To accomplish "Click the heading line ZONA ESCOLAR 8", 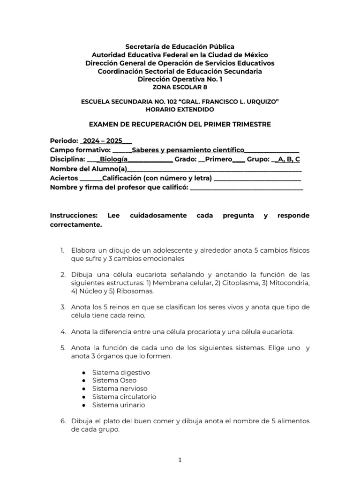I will tap(180, 87).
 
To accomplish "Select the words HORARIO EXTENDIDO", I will tap(180, 109).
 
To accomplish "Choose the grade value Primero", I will tap(218, 159).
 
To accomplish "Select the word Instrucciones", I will tap(73, 216).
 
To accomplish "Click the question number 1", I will tap(62, 250).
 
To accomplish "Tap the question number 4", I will tap(62, 332).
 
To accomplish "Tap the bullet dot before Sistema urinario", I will tap(83, 405).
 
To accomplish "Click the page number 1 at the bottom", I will tap(180, 460).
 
